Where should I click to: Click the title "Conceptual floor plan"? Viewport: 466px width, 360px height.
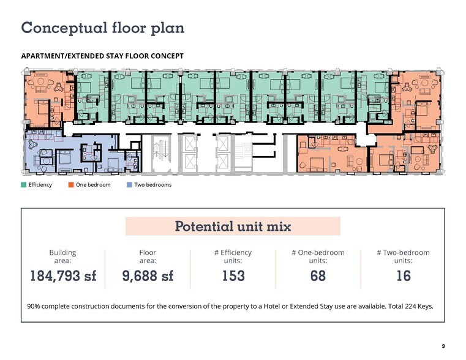pyautogui.click(x=102, y=28)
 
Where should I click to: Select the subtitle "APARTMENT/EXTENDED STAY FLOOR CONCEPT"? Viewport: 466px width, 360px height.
pyautogui.click(x=102, y=56)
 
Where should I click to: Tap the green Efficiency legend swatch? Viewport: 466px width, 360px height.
pyautogui.click(x=24, y=185)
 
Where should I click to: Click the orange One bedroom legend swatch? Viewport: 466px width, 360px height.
pyautogui.click(x=71, y=185)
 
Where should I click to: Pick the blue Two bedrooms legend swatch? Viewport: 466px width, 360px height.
pyautogui.click(x=130, y=185)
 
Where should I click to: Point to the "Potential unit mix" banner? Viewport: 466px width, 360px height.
pyautogui.click(x=233, y=226)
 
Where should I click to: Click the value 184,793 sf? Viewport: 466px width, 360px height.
pyautogui.click(x=63, y=276)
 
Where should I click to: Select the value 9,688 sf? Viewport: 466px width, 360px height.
pyautogui.click(x=148, y=276)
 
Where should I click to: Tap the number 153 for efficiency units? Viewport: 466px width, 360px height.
pyautogui.click(x=233, y=276)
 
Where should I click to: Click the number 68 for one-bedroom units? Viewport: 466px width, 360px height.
pyautogui.click(x=318, y=276)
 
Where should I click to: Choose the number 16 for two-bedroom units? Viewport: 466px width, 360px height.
pyautogui.click(x=404, y=276)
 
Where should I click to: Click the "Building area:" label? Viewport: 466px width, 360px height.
pyautogui.click(x=62, y=257)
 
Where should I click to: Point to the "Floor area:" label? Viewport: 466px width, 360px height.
pyautogui.click(x=148, y=257)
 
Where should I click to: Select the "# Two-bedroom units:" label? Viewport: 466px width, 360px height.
pyautogui.click(x=404, y=257)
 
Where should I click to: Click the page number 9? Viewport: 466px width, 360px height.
pyautogui.click(x=443, y=346)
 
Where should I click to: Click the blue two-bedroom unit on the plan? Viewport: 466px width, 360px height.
pyautogui.click(x=71, y=153)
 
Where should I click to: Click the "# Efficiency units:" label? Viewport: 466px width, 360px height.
pyautogui.click(x=233, y=257)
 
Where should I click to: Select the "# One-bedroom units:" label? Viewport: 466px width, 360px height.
pyautogui.click(x=318, y=257)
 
